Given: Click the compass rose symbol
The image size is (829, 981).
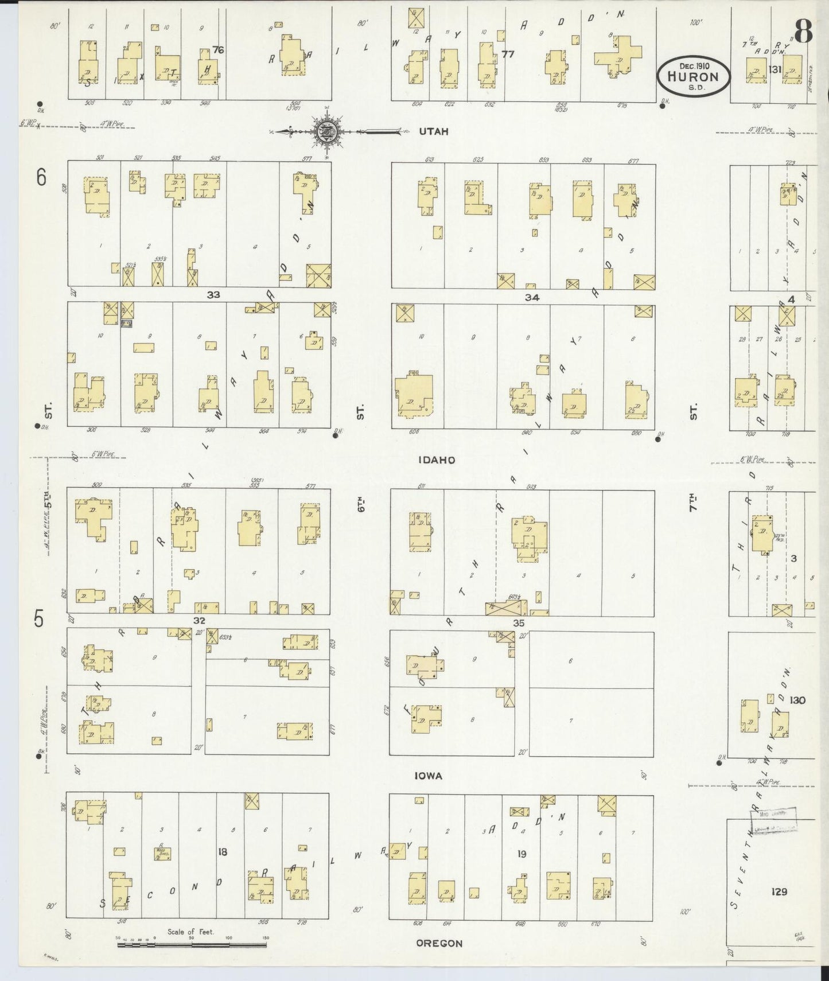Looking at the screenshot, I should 326,131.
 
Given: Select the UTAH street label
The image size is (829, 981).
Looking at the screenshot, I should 433,131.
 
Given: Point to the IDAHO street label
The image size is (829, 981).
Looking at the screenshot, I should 437,460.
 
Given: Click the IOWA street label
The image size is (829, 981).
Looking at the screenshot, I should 429,776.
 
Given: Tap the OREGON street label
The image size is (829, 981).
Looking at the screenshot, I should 439,943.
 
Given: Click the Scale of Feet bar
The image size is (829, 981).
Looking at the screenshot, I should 192,941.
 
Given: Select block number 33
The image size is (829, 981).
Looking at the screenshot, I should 213,295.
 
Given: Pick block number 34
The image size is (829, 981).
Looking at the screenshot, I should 531,297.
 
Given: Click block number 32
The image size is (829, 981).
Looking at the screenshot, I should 199,621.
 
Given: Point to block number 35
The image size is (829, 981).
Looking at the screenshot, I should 519,622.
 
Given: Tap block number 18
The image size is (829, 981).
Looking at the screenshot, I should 222,852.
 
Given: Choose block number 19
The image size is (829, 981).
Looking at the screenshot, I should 521,854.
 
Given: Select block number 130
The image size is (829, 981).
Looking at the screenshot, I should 797,700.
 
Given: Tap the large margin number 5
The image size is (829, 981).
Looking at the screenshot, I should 38,620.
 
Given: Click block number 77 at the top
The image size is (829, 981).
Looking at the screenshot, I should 507,54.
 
